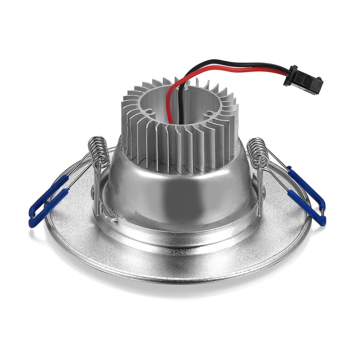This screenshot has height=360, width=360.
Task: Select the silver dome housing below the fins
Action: pyautogui.click(x=180, y=189)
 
